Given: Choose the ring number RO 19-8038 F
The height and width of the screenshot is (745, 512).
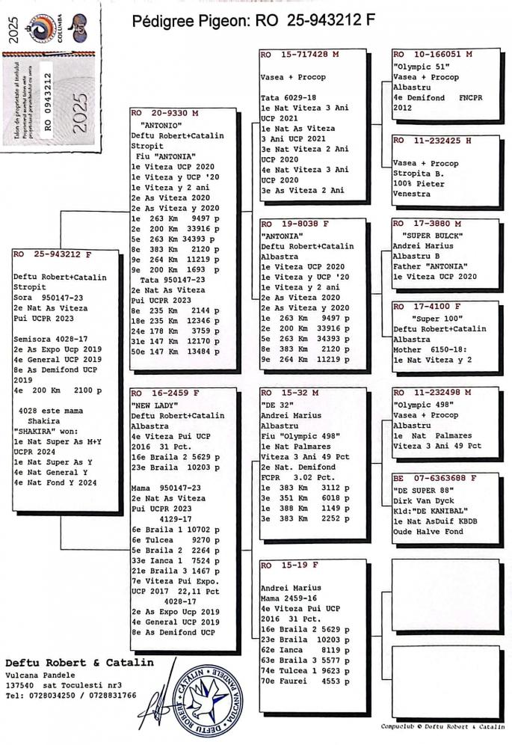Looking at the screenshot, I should [x=294, y=223].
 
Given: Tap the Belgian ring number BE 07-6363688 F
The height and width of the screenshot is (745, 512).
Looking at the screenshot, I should [x=434, y=477].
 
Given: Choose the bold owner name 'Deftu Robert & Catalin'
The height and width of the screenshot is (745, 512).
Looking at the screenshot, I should [x=79, y=662].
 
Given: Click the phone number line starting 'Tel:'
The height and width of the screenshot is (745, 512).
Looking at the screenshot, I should [x=70, y=695].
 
